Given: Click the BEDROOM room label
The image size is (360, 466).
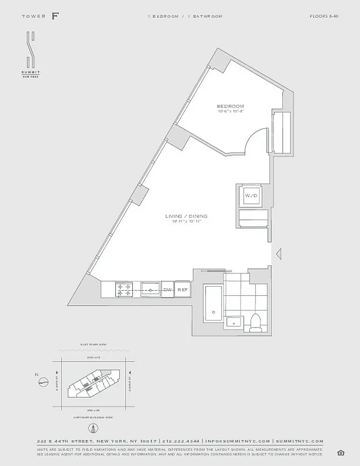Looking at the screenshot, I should [x=230, y=106].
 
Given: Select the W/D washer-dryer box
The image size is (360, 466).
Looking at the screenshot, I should [x=250, y=195].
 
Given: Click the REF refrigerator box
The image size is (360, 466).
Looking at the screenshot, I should [x=182, y=290].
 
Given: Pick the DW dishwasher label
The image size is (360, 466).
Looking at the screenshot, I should [x=167, y=290].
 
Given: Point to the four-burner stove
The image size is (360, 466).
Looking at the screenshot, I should [x=125, y=290].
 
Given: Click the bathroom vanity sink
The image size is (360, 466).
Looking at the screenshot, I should [x=236, y=322].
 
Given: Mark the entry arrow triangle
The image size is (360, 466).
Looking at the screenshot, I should [x=278, y=253].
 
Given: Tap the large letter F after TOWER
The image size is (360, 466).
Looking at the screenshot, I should [x=55, y=16].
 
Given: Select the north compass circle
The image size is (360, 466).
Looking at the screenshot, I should [x=43, y=382].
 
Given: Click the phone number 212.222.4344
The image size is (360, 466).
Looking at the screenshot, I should [x=181, y=441].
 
